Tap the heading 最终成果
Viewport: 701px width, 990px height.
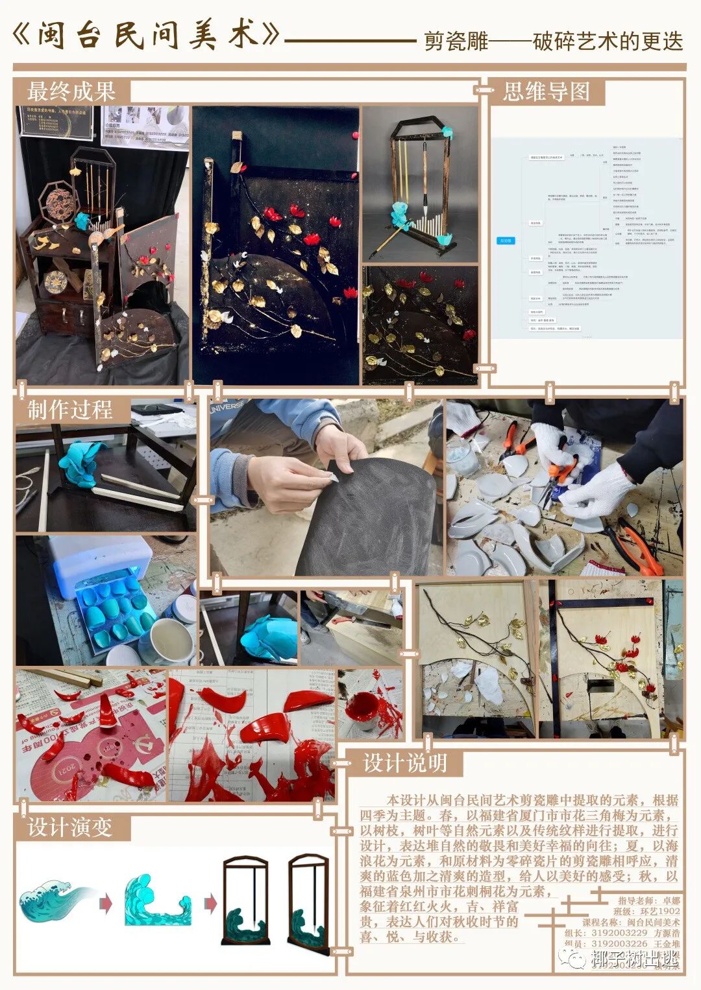point(71,91)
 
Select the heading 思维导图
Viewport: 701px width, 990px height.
point(546,91)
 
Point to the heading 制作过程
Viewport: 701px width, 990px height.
point(70,410)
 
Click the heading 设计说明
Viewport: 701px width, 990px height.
point(405,763)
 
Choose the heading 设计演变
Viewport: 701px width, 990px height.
point(70,827)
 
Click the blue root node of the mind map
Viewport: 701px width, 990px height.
point(506,241)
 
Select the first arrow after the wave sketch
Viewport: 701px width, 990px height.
point(105,903)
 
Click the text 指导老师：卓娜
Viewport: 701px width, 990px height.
point(648,901)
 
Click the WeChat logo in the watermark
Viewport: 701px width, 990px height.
point(574,957)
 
